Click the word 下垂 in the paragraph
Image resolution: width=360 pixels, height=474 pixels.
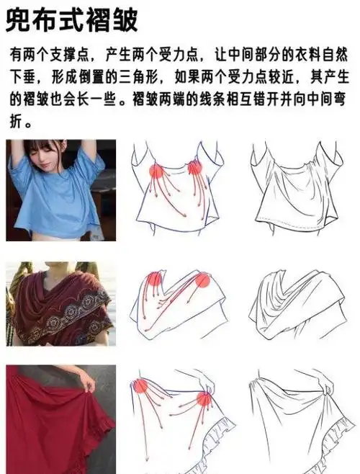(x=22, y=76)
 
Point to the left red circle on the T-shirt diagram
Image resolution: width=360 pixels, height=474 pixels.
(x=154, y=171)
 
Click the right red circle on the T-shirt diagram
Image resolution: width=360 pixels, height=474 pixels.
(x=194, y=169)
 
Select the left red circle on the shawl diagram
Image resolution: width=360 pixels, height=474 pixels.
(x=155, y=280)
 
